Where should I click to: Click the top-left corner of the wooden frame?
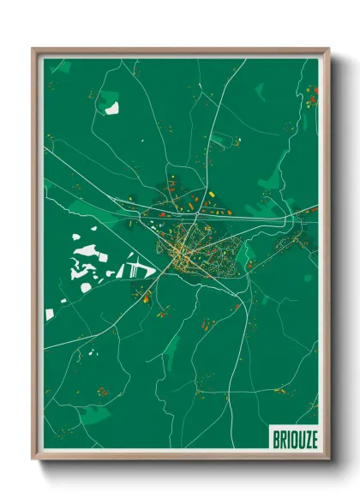click(x=33, y=49)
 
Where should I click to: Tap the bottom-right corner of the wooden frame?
click(x=329, y=462)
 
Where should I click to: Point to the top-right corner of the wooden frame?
click(x=329, y=49)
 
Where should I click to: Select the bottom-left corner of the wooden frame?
click(x=33, y=462)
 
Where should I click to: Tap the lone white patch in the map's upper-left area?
click(x=112, y=109)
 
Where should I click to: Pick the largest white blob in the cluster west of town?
click(x=87, y=252)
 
